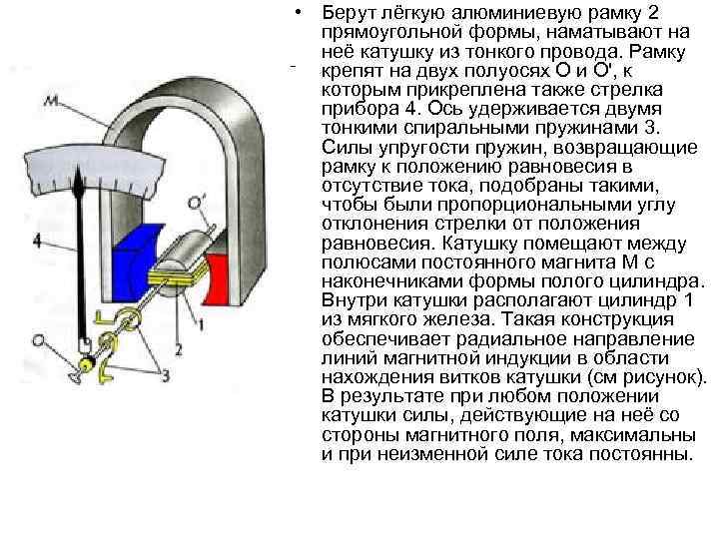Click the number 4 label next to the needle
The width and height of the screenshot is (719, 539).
click(37, 240)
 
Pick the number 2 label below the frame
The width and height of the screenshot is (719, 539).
click(178, 349)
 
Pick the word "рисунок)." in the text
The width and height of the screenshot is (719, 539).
click(664, 377)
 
